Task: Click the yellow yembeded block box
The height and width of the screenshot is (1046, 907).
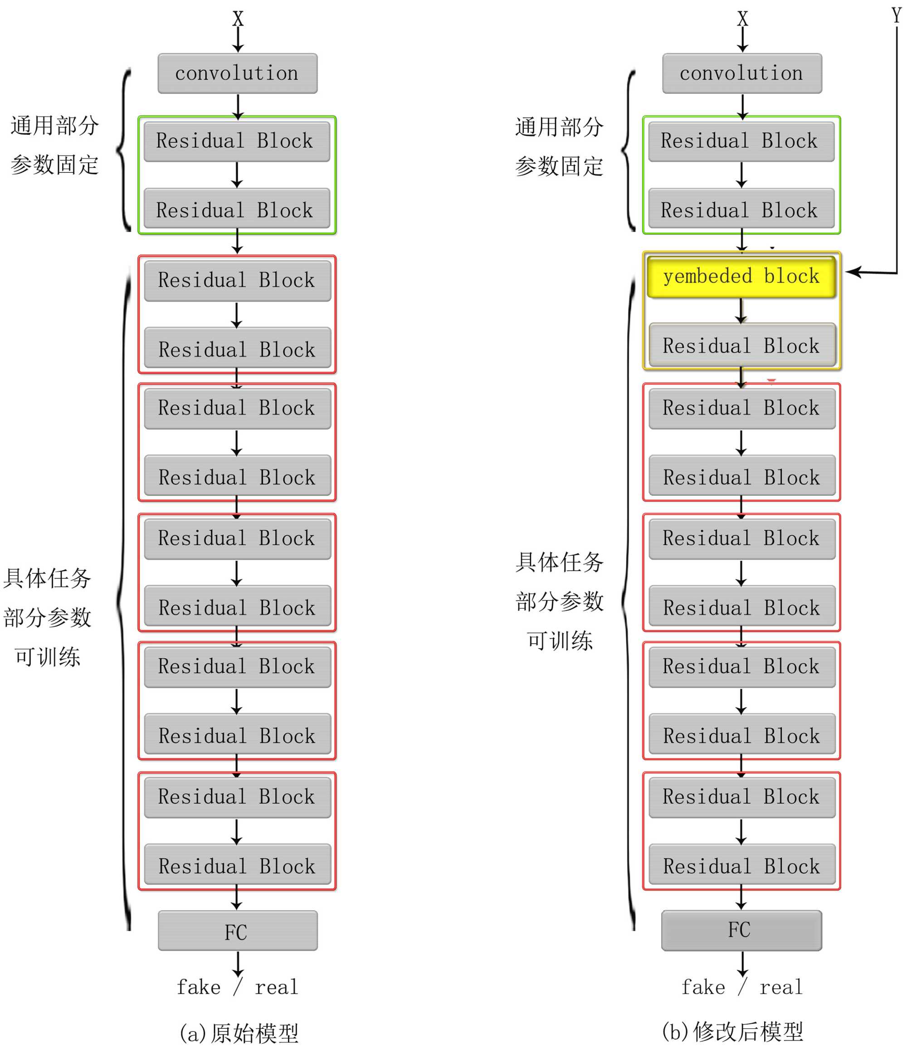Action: [x=741, y=276]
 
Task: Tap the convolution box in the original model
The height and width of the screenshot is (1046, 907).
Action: [x=237, y=73]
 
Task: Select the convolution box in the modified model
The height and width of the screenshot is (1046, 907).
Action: [x=742, y=73]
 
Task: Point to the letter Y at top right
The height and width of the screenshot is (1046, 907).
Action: [x=897, y=15]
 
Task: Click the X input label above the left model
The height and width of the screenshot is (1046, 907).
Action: [x=238, y=19]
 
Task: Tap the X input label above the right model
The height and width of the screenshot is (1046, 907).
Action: [x=742, y=19]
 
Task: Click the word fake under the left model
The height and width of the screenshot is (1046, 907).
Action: [x=199, y=987]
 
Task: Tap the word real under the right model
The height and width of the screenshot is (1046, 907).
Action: [x=781, y=987]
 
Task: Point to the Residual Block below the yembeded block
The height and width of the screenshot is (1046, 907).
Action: [x=741, y=346]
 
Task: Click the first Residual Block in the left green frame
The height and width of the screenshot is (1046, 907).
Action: [x=237, y=141]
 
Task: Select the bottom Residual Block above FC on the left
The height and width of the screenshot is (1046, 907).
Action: [x=237, y=866]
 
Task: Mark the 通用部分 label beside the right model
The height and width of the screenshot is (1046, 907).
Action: [x=559, y=127]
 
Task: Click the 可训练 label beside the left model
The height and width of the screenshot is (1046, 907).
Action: [x=48, y=657]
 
